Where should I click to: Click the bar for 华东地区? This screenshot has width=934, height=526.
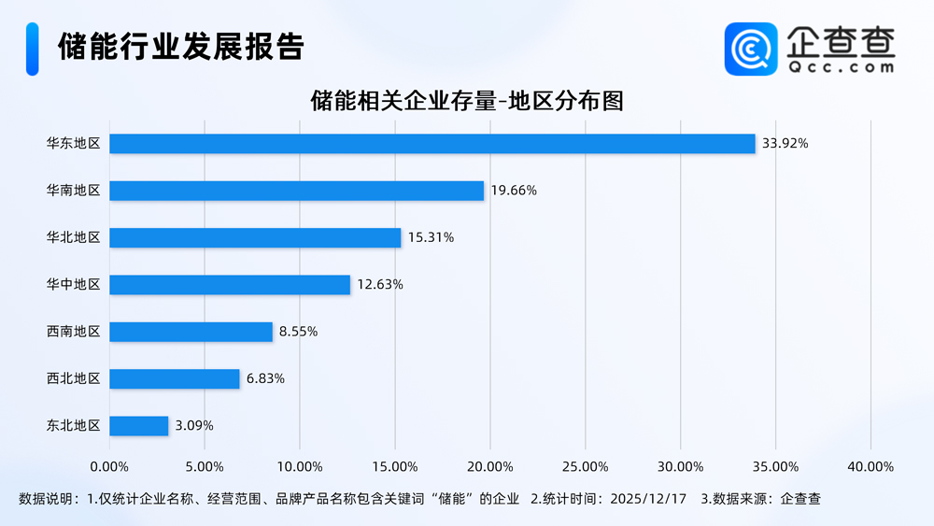tap(432, 144)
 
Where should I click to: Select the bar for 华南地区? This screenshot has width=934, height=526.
tap(296, 191)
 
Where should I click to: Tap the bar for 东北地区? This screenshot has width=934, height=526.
tap(139, 426)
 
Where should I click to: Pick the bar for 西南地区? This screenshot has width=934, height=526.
tap(191, 332)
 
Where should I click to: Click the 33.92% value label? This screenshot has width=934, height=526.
tap(785, 144)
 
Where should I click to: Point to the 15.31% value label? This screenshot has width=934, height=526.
tap(431, 238)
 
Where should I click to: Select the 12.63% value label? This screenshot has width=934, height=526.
tap(380, 285)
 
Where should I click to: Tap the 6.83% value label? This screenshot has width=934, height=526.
tap(265, 378)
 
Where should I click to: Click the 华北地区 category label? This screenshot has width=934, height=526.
tap(73, 237)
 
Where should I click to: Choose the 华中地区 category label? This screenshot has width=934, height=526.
tap(73, 284)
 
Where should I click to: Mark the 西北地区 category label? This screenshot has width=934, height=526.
tap(73, 378)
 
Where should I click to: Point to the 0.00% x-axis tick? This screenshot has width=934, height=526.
tap(110, 466)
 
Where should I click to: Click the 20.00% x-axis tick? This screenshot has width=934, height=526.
tap(490, 466)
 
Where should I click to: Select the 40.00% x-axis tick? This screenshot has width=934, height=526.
tap(870, 466)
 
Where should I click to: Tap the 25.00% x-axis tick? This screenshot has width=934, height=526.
tap(586, 466)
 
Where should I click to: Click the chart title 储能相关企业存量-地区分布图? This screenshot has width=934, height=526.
tap(466, 101)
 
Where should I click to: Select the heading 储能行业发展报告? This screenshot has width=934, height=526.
tap(180, 47)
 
